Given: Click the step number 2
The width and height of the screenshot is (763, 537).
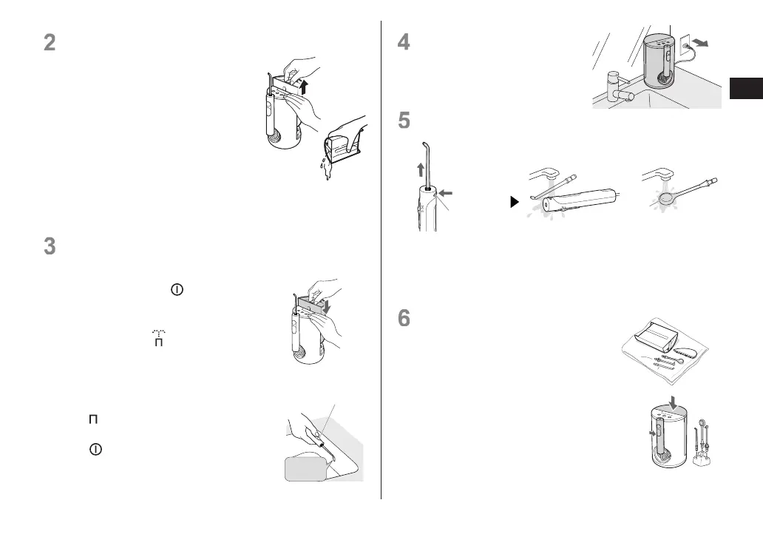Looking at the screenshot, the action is click(50, 42).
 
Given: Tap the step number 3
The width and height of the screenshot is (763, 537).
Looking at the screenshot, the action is click(50, 246).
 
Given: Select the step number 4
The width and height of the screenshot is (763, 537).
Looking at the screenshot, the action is click(404, 42).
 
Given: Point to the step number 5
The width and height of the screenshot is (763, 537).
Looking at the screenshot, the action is click(404, 120).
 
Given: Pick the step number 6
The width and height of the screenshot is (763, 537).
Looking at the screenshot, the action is click(404, 318).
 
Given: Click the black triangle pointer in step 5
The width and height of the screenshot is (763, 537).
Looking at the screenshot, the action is click(516, 201).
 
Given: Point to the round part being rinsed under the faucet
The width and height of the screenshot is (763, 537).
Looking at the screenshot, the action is click(665, 197).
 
